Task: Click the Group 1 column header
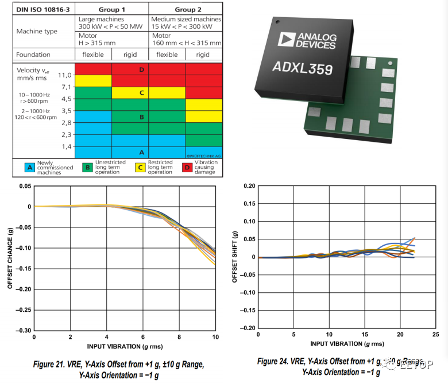(x=111, y=9)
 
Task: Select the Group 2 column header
(x=185, y=9)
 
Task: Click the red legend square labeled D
(x=187, y=167)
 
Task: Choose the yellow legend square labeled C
(x=140, y=167)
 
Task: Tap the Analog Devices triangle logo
(x=286, y=39)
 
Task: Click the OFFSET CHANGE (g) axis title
(x=10, y=258)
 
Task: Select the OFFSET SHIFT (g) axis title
(x=234, y=257)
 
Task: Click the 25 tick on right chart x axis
(x=435, y=334)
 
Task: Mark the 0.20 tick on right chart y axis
(x=248, y=186)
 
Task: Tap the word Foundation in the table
(x=33, y=55)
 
